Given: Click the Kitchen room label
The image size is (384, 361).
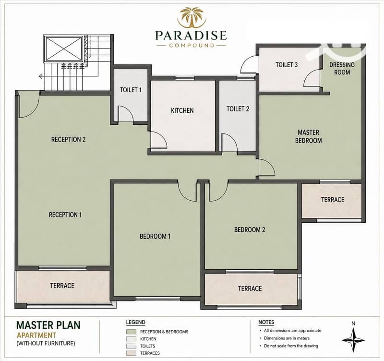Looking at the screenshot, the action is pyautogui.click(x=182, y=110).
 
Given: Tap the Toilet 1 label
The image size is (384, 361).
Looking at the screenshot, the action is pyautogui.click(x=131, y=90).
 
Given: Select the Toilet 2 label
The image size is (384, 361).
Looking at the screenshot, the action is pyautogui.click(x=238, y=109).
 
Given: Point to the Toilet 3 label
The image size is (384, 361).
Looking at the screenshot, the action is pyautogui.click(x=287, y=65).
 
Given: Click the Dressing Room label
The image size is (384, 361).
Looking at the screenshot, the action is pyautogui.click(x=342, y=68).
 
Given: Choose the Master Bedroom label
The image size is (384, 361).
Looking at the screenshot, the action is pyautogui.click(x=308, y=136).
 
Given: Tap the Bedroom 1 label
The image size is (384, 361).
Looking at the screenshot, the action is pyautogui.click(x=155, y=236).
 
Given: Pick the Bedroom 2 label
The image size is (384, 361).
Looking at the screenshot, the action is pyautogui.click(x=250, y=230).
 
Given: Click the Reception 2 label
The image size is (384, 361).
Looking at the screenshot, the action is pyautogui.click(x=68, y=139).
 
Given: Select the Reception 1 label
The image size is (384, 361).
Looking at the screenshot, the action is pyautogui.click(x=65, y=215).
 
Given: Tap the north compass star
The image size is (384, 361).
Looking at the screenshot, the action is pyautogui.click(x=353, y=340).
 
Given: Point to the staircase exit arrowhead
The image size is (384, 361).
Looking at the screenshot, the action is pyautogui.click(x=41, y=77).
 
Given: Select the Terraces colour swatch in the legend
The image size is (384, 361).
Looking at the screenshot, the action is pyautogui.click(x=131, y=353).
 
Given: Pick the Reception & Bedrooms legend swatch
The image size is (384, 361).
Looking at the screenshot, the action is pyautogui.click(x=131, y=332).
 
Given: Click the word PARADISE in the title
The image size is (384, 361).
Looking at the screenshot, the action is pyautogui.click(x=191, y=35).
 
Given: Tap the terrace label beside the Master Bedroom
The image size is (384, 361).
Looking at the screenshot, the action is pyautogui.click(x=333, y=200).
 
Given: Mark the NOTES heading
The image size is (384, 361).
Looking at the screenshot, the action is pyautogui.click(x=266, y=322).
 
